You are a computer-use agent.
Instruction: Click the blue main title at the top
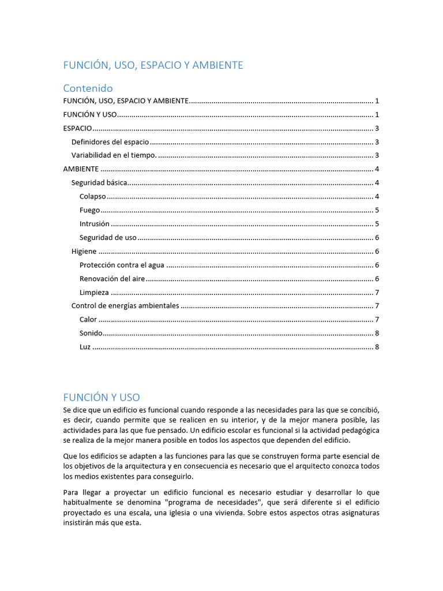(x=153, y=65)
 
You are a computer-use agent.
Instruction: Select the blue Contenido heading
(x=88, y=88)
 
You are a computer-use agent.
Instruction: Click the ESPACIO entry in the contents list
(x=77, y=128)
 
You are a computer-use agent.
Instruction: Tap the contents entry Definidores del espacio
(x=110, y=142)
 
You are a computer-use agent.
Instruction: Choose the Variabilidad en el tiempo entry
(x=114, y=155)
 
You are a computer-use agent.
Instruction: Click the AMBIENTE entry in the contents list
(x=81, y=169)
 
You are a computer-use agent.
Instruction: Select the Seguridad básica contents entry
(x=99, y=183)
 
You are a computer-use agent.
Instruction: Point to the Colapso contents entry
(x=92, y=197)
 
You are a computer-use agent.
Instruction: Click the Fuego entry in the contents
(x=89, y=210)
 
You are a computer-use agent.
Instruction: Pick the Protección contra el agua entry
(x=122, y=265)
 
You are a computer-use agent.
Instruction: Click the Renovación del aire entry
(x=112, y=279)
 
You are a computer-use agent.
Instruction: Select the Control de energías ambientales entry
(x=125, y=306)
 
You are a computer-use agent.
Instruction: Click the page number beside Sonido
(x=377, y=333)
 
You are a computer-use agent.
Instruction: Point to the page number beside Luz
(x=377, y=347)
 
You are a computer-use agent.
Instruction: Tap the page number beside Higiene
(x=377, y=252)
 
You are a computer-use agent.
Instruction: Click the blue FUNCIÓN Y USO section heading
(x=102, y=397)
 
